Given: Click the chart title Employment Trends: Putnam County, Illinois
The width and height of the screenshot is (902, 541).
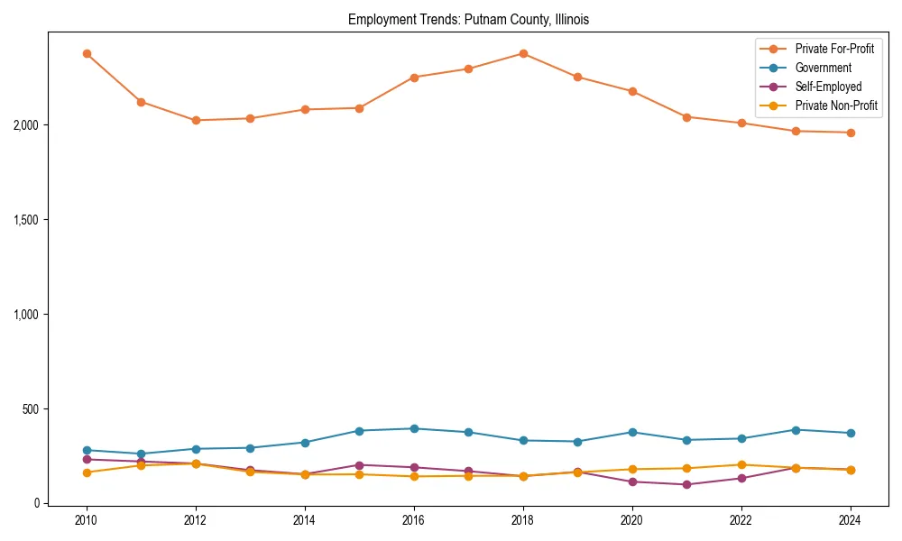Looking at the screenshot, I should tap(468, 20).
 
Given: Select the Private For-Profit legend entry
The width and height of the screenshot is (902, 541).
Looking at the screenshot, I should tap(834, 49).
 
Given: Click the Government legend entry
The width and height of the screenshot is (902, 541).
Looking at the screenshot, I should tap(823, 68).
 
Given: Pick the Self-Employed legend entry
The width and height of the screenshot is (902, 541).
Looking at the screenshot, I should tap(828, 87).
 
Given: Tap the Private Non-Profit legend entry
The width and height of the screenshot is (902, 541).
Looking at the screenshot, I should tap(836, 105).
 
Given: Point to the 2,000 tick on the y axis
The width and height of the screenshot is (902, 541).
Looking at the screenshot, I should tap(24, 124).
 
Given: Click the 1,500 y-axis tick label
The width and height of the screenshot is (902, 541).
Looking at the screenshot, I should tap(24, 219).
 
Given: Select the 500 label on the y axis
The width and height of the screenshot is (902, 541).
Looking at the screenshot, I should tap(30, 408).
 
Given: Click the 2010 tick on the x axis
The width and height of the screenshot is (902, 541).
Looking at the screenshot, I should tap(87, 520).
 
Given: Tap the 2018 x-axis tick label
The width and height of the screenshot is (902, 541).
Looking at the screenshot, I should tap(523, 520).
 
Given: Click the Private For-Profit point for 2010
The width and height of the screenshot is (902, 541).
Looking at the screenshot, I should tap(87, 53).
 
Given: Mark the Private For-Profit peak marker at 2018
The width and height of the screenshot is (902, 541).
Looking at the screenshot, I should tap(523, 53).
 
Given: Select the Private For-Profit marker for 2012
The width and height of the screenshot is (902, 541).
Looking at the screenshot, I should tap(196, 120).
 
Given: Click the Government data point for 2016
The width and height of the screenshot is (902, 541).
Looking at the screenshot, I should tap(414, 428).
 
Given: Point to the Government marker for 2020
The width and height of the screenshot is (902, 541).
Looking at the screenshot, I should tap(632, 432).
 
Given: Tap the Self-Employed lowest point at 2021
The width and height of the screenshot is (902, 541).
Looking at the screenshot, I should tap(686, 484).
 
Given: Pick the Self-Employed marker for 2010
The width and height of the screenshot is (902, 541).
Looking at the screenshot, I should tap(87, 459).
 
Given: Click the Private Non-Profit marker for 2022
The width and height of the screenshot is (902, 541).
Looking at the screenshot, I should tap(741, 464).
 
